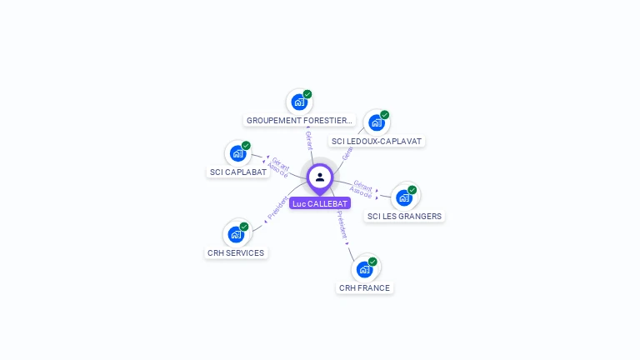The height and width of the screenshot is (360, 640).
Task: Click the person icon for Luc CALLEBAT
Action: click(x=320, y=177)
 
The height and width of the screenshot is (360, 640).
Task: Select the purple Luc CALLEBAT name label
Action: click(x=320, y=203)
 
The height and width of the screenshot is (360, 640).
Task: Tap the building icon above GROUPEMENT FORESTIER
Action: click(x=298, y=102)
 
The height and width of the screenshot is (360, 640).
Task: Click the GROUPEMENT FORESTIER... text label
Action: click(x=300, y=121)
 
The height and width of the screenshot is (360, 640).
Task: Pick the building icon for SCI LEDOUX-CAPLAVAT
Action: click(x=377, y=123)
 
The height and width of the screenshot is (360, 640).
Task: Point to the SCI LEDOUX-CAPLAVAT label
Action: click(x=377, y=142)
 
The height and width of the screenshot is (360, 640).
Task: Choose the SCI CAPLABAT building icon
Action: click(x=237, y=153)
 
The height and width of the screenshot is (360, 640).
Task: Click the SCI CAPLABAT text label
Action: click(x=238, y=172)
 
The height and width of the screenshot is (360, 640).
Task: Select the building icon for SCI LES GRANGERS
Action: click(x=404, y=197)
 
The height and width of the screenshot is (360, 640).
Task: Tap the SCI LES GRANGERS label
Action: click(x=405, y=217)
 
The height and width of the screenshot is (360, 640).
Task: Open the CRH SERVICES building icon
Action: click(x=236, y=234)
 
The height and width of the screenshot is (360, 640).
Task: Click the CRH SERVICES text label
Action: click(x=236, y=253)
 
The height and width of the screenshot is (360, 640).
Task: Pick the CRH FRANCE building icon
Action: click(x=364, y=269)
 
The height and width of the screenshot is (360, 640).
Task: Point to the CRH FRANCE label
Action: click(x=364, y=288)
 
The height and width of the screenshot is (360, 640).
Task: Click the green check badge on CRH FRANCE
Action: click(x=372, y=262)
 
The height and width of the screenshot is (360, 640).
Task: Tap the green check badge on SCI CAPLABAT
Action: click(x=246, y=146)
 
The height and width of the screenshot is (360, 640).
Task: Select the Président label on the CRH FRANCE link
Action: click(x=342, y=225)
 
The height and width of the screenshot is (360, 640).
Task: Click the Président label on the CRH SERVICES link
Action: click(x=277, y=207)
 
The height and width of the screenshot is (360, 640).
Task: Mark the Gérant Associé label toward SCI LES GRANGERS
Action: click(x=362, y=188)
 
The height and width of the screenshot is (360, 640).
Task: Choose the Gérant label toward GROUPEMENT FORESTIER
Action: click(x=308, y=140)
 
